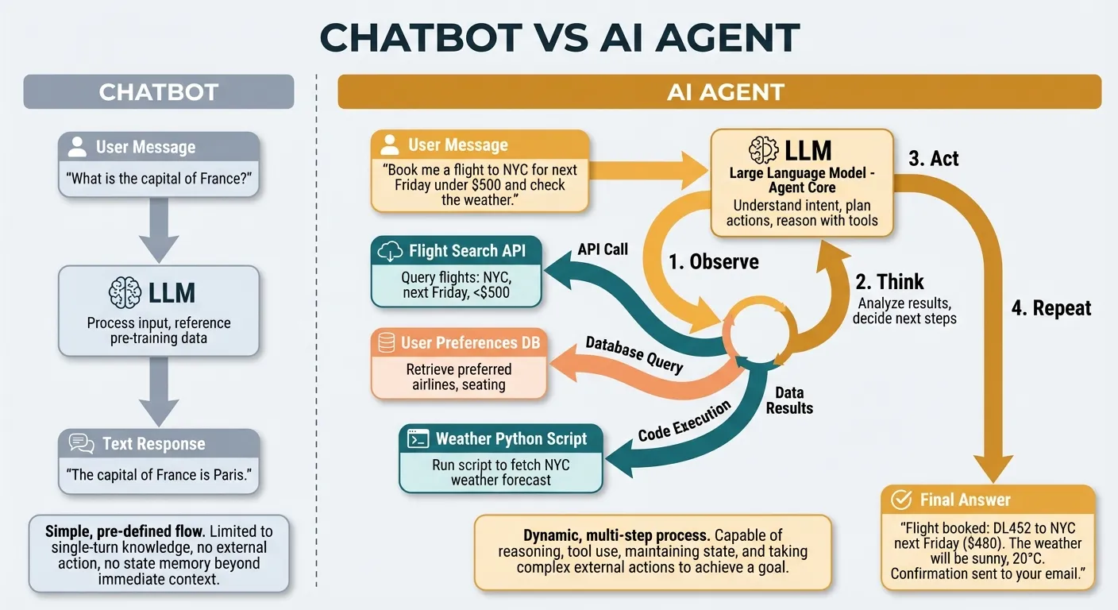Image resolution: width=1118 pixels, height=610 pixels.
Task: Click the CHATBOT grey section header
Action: coord(159,92)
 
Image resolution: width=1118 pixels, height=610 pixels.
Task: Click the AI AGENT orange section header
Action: coord(719,92)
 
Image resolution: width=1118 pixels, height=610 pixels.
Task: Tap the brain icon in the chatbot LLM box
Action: coord(125,292)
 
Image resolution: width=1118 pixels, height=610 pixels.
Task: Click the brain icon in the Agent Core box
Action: coord(763,150)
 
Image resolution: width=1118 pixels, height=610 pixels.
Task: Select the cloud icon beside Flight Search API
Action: coord(391,252)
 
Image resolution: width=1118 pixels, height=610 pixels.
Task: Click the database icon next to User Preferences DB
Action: coord(387,343)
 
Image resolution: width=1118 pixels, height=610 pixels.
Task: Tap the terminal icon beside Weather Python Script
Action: coord(418,438)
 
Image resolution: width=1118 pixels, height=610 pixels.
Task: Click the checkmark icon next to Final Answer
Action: coord(901,500)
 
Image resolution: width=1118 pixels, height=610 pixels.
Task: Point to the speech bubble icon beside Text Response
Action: coord(82,444)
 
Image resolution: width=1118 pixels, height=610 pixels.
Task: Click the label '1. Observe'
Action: coord(714,262)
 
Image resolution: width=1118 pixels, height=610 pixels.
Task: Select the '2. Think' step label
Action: coord(889,282)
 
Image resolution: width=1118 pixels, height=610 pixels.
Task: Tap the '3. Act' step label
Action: coord(933,159)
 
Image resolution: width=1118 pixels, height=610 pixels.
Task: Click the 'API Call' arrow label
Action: coord(603,249)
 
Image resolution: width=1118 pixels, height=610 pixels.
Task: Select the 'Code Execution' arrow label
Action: coord(684,422)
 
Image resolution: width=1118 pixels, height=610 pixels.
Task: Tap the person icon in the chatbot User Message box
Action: coord(77,147)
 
